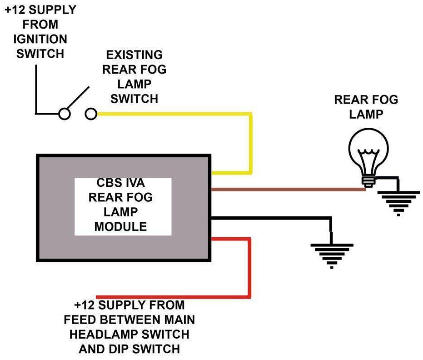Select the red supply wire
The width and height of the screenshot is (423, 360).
click(249, 268)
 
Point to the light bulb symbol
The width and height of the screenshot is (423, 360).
click(368, 155)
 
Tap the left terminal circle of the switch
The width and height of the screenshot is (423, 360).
click(65, 114)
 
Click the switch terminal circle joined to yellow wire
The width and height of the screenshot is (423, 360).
click(91, 114)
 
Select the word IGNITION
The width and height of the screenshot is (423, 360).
click(40, 39)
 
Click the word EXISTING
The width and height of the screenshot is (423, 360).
click(134, 55)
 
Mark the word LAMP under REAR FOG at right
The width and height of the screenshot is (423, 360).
click(366, 114)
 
